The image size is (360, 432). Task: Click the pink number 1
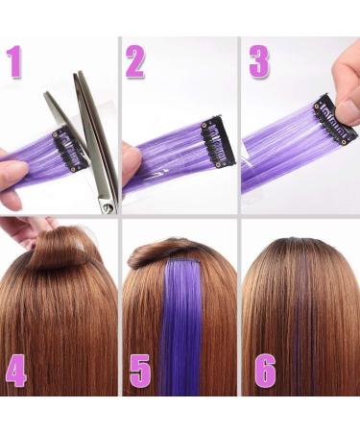[14, 61]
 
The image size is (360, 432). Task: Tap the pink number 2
[135, 61]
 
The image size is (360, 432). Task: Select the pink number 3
[259, 61]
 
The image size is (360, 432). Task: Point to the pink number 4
[16, 371]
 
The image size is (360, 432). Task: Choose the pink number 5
[140, 371]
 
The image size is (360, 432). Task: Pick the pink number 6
[265, 371]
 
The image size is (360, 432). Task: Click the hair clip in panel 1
[71, 149]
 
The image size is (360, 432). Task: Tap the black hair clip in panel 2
[218, 143]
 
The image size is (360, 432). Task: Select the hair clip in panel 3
[335, 119]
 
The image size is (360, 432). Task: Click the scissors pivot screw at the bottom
[108, 209]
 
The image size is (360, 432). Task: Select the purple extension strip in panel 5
[181, 326]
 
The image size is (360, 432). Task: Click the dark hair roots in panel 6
[300, 248]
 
